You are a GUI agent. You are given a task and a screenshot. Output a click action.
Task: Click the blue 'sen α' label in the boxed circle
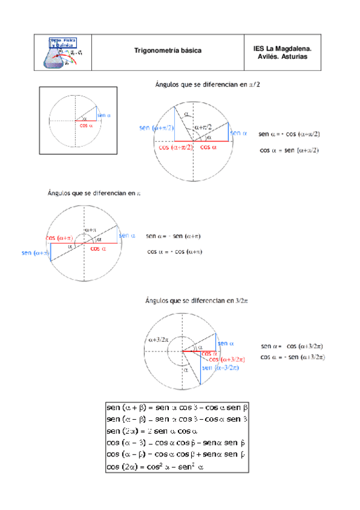(103, 115)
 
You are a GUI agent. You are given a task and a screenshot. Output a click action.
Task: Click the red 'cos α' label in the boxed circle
(86, 126)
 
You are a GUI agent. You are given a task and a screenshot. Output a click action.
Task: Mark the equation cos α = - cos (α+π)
(174, 252)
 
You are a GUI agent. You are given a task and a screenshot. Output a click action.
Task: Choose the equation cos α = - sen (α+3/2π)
(292, 357)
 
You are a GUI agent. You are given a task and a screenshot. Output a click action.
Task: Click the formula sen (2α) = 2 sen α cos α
(152, 431)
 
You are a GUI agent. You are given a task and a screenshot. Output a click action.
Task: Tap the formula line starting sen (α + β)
(177, 407)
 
